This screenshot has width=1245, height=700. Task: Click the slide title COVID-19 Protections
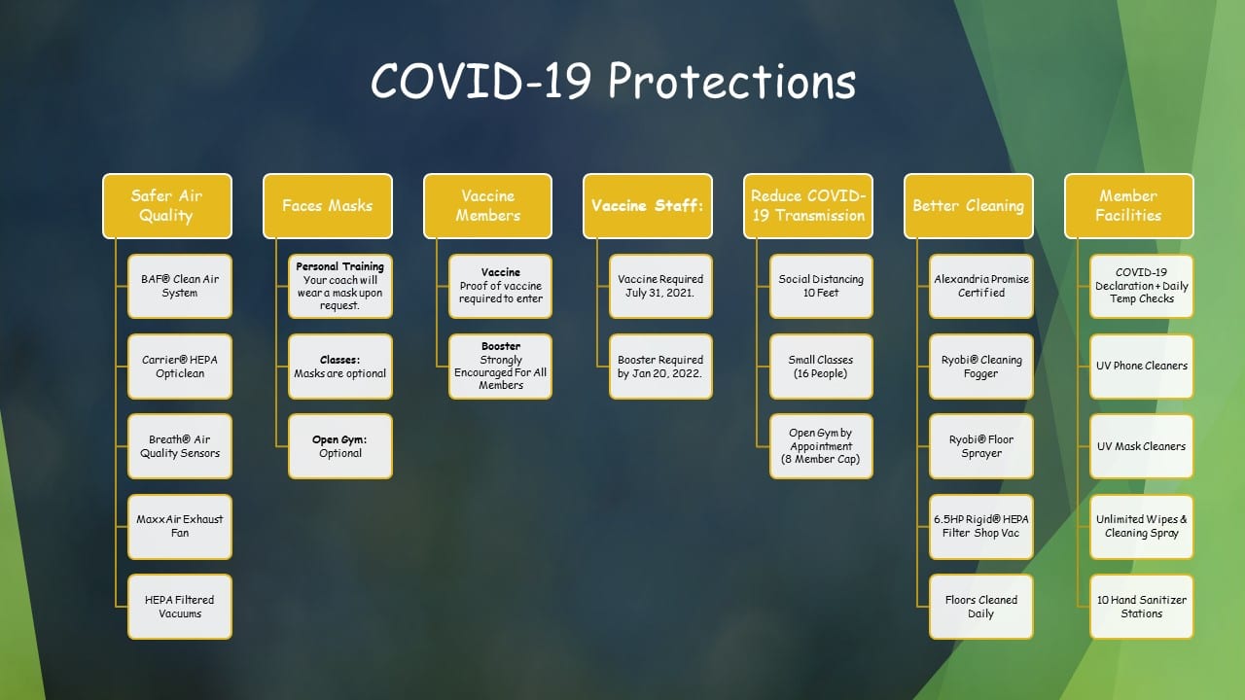pyautogui.click(x=613, y=81)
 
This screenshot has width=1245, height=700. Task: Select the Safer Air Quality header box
pyautogui.click(x=166, y=206)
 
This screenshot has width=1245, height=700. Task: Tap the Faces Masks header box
pyautogui.click(x=328, y=206)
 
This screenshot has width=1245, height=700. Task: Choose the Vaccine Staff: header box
pyautogui.click(x=648, y=206)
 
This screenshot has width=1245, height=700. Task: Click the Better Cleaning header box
pyautogui.click(x=968, y=206)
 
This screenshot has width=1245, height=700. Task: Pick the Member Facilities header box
pyautogui.click(x=1129, y=206)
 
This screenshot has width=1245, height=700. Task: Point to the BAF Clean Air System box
pyautogui.click(x=180, y=286)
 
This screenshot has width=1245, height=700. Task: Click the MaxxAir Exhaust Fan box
pyautogui.click(x=180, y=527)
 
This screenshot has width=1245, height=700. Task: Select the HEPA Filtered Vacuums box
pyautogui.click(x=180, y=607)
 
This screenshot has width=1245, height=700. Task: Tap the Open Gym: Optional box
pyautogui.click(x=340, y=446)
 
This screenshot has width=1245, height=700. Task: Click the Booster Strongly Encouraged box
pyautogui.click(x=500, y=367)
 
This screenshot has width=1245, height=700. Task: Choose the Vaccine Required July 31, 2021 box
pyautogui.click(x=660, y=286)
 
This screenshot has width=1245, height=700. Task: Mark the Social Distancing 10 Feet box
pyautogui.click(x=821, y=286)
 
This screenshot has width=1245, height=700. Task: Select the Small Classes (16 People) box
pyautogui.click(x=821, y=367)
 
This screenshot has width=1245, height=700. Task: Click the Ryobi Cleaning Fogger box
pyautogui.click(x=981, y=367)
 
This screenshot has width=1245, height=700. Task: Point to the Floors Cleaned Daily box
pyautogui.click(x=981, y=607)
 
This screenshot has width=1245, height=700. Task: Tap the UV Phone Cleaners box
pyautogui.click(x=1142, y=367)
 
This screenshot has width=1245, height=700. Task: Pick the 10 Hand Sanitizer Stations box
pyautogui.click(x=1142, y=607)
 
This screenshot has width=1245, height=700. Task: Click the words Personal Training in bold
pyautogui.click(x=339, y=266)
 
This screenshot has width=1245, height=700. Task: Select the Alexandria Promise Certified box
pyautogui.click(x=981, y=286)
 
